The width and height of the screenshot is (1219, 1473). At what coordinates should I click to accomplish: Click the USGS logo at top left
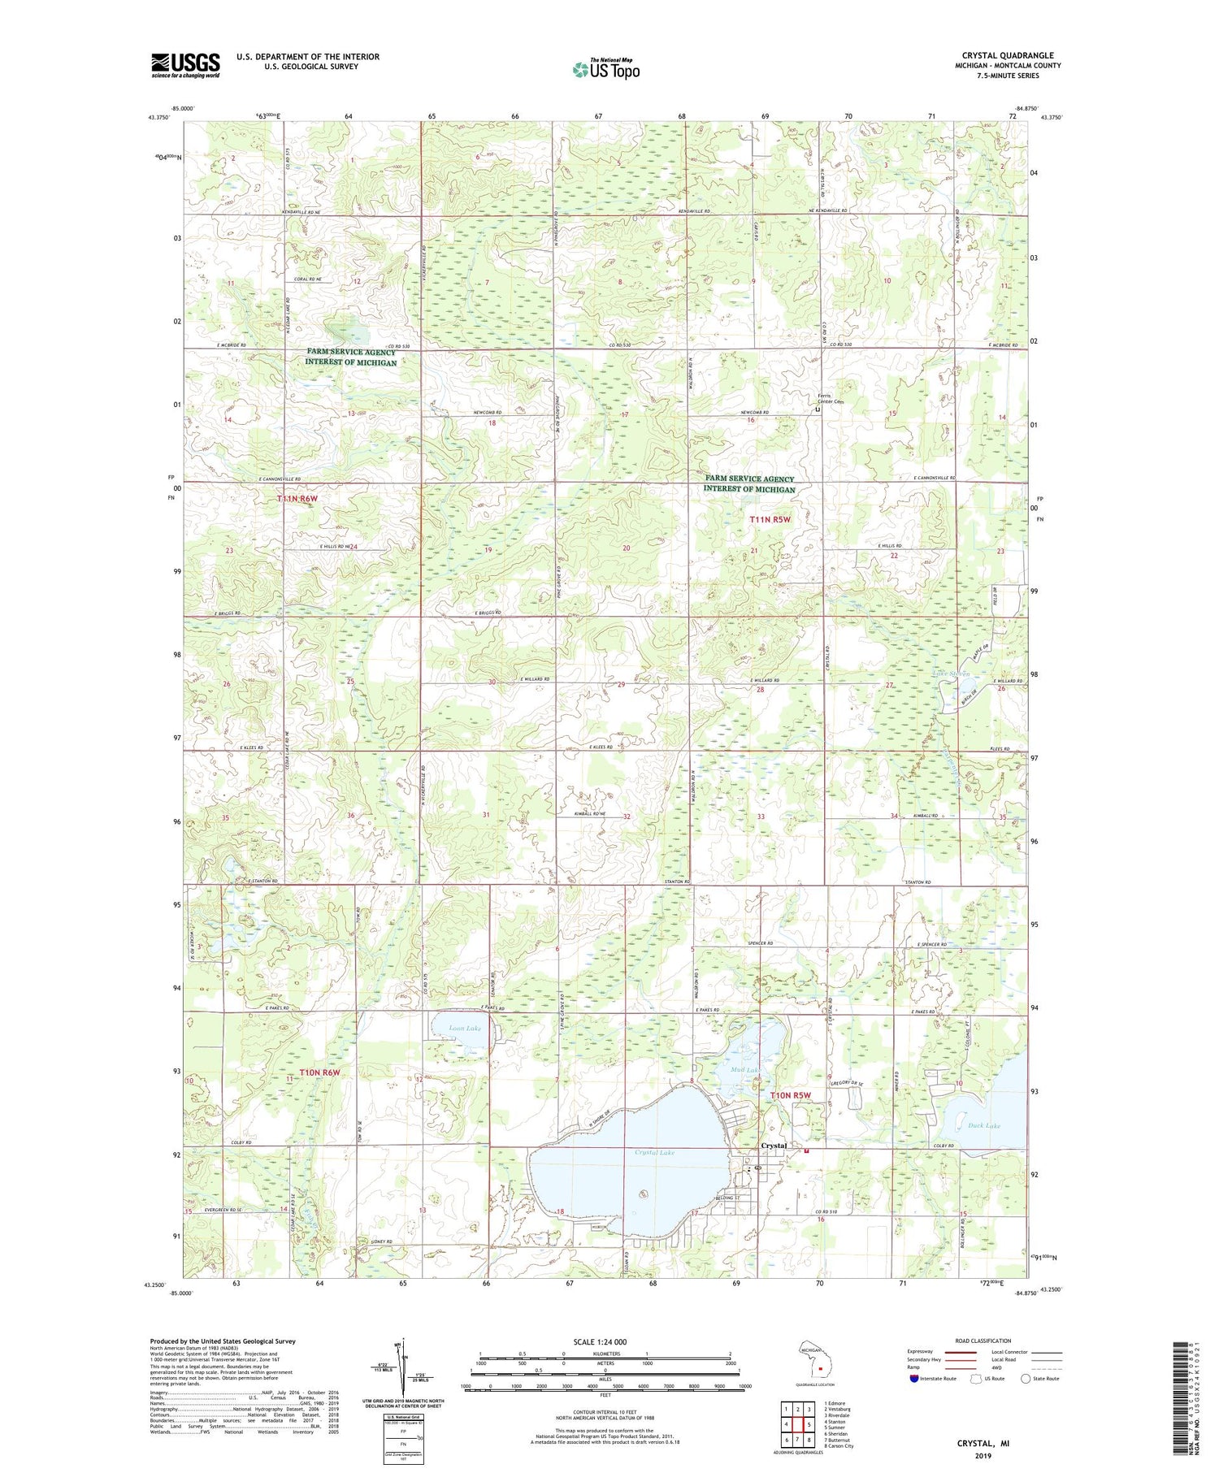[x=185, y=65]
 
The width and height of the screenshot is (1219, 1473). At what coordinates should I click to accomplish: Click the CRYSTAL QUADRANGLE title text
[x=1007, y=56]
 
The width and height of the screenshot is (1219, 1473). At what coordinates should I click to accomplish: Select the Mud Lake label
[x=745, y=1070]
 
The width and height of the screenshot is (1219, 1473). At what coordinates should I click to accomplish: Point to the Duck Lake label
[x=984, y=1125]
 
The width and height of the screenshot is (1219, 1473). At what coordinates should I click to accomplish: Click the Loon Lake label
[x=465, y=1029]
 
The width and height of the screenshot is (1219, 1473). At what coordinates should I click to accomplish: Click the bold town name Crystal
[x=773, y=1146]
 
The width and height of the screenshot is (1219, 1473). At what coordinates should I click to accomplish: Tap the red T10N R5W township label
[x=791, y=1095]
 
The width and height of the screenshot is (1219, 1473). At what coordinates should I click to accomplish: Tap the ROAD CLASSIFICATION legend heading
[x=983, y=1341]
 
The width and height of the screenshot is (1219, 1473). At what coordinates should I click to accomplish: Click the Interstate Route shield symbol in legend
[x=914, y=1378]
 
